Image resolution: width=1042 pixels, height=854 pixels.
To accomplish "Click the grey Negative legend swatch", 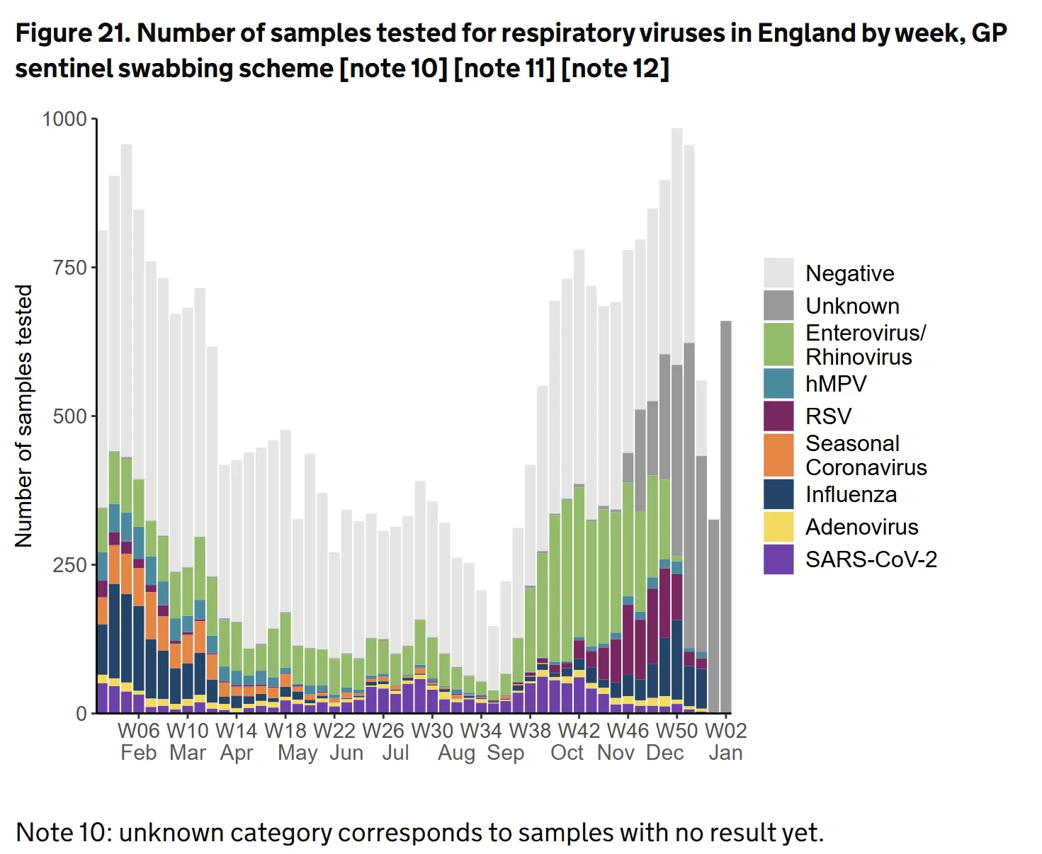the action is pyautogui.click(x=778, y=273).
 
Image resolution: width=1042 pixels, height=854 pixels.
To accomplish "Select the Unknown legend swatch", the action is pyautogui.click(x=778, y=305).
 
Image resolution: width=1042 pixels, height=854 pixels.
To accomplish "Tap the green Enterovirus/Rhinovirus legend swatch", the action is pyautogui.click(x=778, y=343).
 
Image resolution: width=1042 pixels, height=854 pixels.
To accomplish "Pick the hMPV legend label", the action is pyautogui.click(x=836, y=383).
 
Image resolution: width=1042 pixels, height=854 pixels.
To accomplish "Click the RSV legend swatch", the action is pyautogui.click(x=778, y=416).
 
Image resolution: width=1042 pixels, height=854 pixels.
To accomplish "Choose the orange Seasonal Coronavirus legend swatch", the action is pyautogui.click(x=778, y=455).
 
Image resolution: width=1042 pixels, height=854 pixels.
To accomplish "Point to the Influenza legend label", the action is pyautogui.click(x=851, y=494).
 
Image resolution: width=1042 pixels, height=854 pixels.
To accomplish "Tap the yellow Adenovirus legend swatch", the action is pyautogui.click(x=778, y=527).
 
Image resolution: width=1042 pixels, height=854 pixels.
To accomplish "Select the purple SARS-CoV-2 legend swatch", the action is pyautogui.click(x=778, y=559).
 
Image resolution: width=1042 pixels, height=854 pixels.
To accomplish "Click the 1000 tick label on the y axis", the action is pyautogui.click(x=64, y=119).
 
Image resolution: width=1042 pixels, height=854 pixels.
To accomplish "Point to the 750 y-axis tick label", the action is pyautogui.click(x=69, y=268).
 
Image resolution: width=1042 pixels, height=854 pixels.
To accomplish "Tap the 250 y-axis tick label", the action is pyautogui.click(x=69, y=565).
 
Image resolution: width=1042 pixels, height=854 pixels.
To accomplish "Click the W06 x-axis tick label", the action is pyautogui.click(x=138, y=730).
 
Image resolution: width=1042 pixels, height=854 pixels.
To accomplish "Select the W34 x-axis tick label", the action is pyautogui.click(x=481, y=730).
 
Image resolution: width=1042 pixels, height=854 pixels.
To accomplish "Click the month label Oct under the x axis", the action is pyautogui.click(x=567, y=753).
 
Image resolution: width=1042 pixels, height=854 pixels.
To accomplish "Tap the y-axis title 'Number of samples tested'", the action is pyautogui.click(x=23, y=416).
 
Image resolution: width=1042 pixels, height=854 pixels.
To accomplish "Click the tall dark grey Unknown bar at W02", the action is pyautogui.click(x=726, y=517).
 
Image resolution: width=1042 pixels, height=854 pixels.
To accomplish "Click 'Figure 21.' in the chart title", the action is pyautogui.click(x=73, y=33).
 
